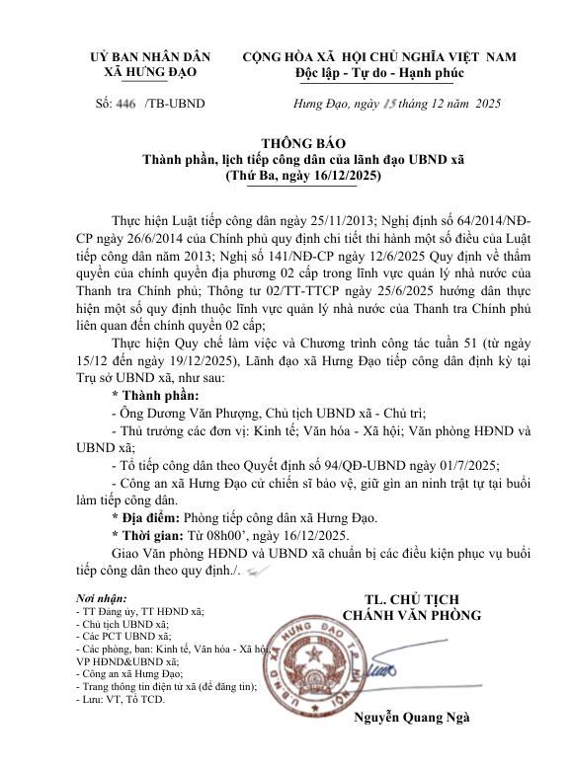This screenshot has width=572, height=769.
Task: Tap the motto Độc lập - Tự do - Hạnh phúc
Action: tap(379, 74)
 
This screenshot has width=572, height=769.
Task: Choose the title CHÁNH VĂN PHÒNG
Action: tap(411, 615)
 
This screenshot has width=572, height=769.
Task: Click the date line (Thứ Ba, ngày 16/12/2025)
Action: tap(302, 175)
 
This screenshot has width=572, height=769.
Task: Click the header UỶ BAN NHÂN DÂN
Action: tap(151, 57)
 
